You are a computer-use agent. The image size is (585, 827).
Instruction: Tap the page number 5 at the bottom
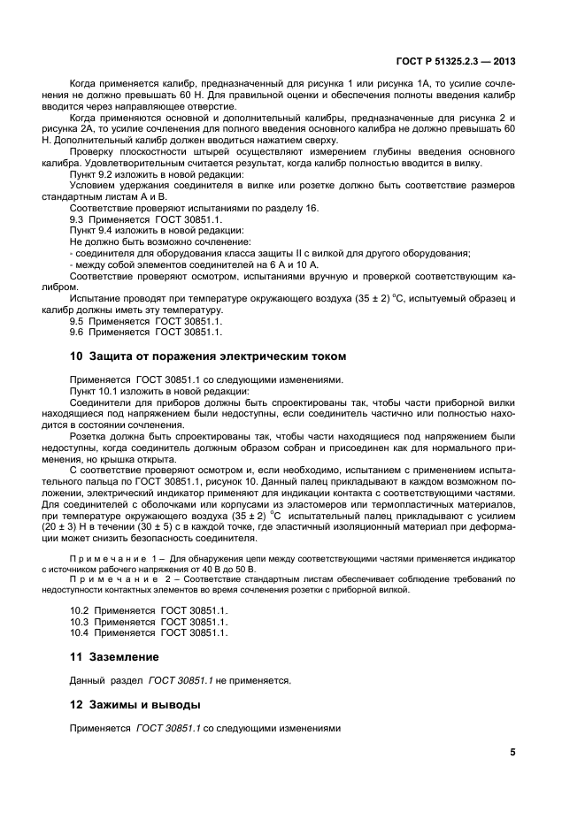(x=512, y=753)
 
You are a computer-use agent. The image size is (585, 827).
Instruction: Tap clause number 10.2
(x=81, y=610)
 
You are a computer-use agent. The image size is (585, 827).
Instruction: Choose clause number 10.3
(x=81, y=622)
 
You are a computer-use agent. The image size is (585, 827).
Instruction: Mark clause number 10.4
(x=81, y=633)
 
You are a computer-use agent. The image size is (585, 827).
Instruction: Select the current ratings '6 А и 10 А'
(x=291, y=264)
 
